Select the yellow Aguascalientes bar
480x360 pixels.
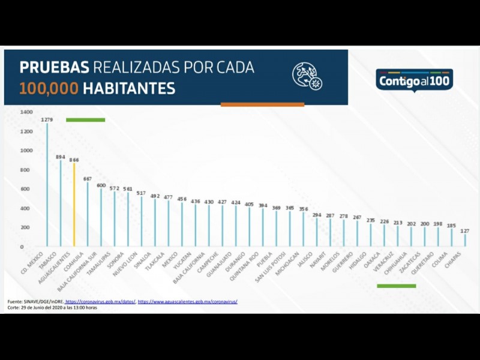click(74, 204)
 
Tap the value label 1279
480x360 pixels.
click(47, 119)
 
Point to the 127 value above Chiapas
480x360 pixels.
click(464, 230)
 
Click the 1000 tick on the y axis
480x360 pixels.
click(26, 151)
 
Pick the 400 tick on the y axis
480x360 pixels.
click(26, 208)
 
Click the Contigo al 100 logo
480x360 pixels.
click(415, 80)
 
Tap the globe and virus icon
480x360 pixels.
click(307, 76)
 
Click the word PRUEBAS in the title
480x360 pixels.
click(55, 67)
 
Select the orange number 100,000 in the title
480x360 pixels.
click(49, 89)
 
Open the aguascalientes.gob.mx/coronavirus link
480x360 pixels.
click(187, 301)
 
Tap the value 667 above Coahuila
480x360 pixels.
click(88, 179)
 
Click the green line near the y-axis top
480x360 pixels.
click(85, 120)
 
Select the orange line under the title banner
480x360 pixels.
click(262, 104)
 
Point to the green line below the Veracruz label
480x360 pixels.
click(396, 286)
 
